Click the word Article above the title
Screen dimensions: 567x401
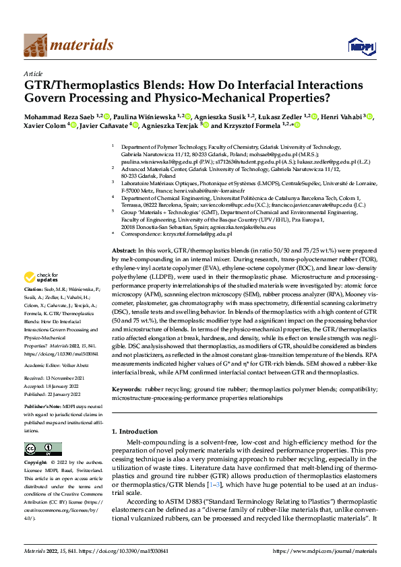pyautogui.click(x=33, y=74)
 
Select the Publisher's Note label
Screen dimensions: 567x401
pyautogui.click(x=44, y=407)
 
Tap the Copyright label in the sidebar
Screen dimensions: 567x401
pyautogui.click(x=36, y=463)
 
